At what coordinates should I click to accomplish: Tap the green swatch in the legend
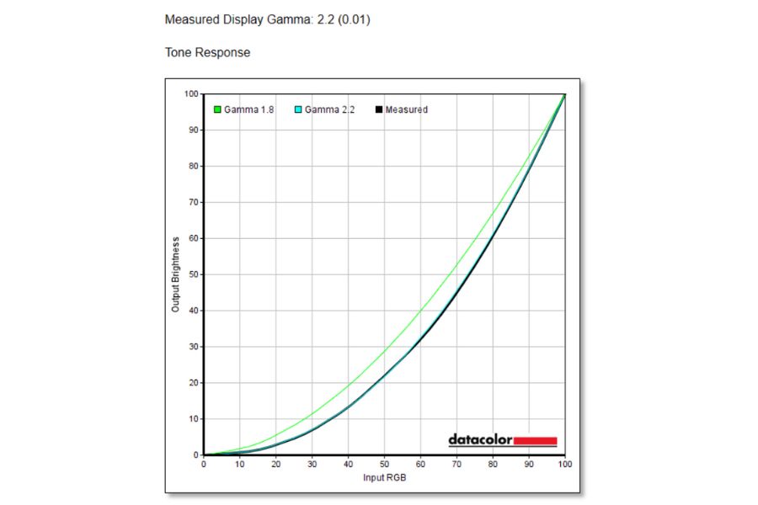click(217, 109)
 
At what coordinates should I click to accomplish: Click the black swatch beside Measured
click(379, 109)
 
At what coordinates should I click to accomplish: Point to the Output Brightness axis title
click(176, 274)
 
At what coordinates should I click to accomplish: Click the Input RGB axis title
click(384, 477)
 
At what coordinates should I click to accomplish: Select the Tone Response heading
click(207, 52)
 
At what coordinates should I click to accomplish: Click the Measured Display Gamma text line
click(267, 19)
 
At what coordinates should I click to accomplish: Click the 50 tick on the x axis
click(384, 464)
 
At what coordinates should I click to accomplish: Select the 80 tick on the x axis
click(493, 464)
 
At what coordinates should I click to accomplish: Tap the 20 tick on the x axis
click(275, 464)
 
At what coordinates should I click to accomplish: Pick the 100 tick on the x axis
click(564, 464)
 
